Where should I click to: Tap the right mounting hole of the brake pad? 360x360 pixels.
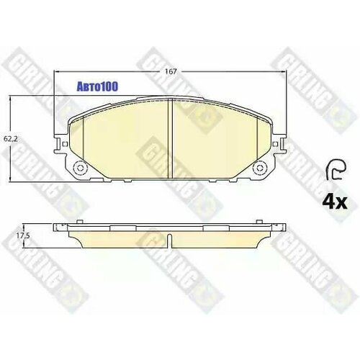tap(256, 170)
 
